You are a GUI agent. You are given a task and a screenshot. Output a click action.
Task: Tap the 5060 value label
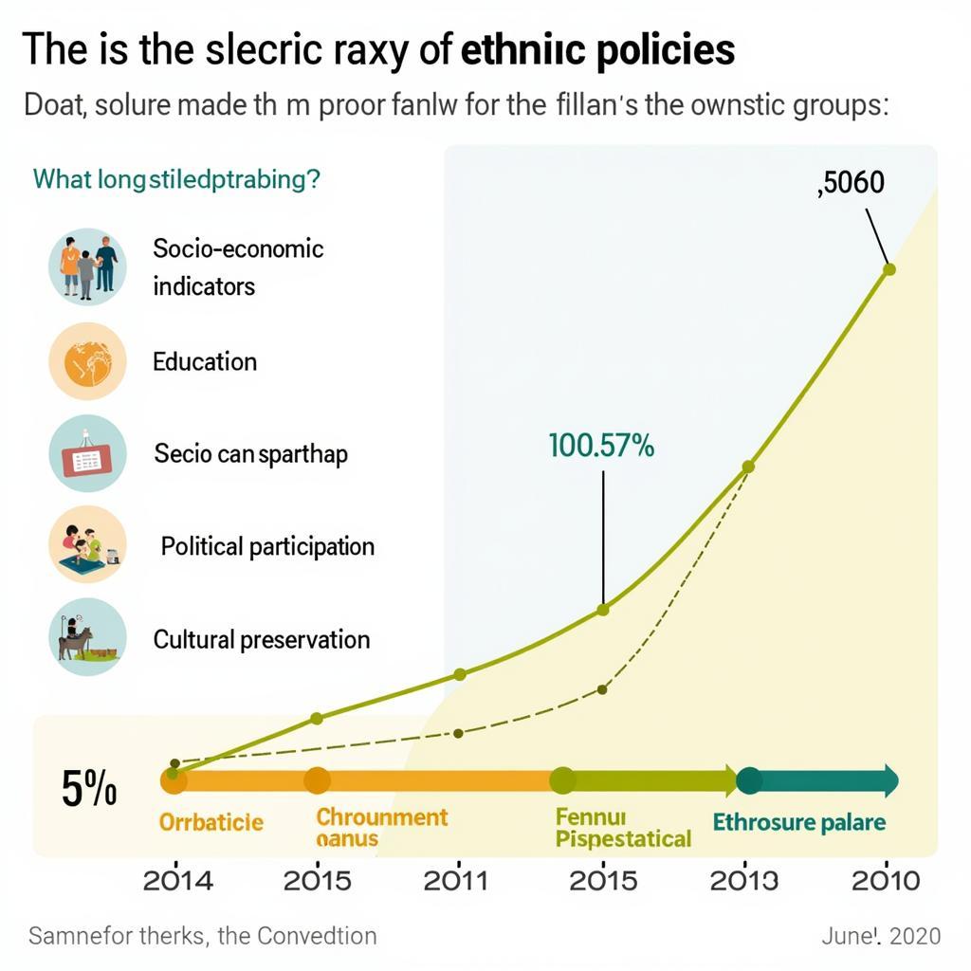pos(851,182)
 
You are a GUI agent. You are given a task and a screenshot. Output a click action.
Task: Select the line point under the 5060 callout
pos(889,269)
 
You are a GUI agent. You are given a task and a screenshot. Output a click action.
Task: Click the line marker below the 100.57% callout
pos(602,610)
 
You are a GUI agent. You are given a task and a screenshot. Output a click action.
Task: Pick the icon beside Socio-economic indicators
pos(86,266)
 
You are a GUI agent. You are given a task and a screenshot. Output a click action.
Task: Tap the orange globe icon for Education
pos(86,360)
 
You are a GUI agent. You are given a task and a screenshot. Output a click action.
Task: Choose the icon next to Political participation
pos(86,545)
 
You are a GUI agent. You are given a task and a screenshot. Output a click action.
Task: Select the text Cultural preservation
pos(262,639)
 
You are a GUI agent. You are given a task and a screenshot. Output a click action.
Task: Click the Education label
pos(205,361)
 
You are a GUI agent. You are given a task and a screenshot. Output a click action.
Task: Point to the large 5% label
pos(88,790)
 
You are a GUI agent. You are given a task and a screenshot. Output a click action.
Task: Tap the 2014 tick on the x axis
pos(177,881)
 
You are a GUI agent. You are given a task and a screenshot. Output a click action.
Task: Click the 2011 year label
pos(457,881)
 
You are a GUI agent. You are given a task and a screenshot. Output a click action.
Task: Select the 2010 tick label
pos(885,881)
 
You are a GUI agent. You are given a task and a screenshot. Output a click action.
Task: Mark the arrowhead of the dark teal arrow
pos(889,780)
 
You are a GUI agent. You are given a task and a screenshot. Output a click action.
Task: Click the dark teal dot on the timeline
pos(749,780)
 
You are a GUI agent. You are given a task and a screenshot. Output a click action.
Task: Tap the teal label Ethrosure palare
pos(798,822)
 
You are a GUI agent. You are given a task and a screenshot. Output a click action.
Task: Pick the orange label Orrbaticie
pos(211,821)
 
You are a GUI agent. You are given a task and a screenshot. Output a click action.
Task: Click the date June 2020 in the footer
pos(881,937)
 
